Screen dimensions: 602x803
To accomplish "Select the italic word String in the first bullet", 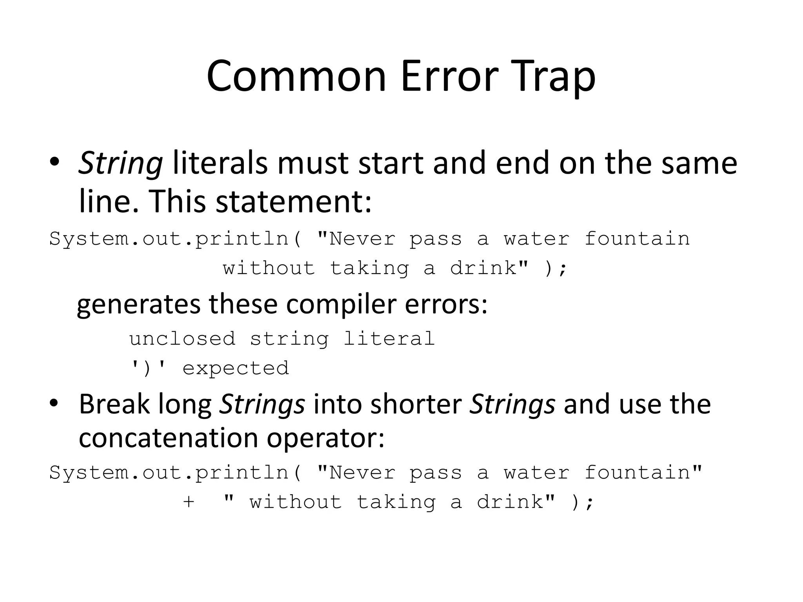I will [120, 163].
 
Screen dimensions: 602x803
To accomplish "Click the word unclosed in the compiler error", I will [182, 339].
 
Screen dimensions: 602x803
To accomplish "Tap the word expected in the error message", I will [236, 368].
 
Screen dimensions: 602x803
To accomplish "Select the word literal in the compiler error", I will [389, 339].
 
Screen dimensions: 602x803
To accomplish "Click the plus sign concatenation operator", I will [189, 502].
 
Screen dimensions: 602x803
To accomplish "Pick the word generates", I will [138, 305].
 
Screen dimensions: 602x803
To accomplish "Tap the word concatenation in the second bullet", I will [168, 437].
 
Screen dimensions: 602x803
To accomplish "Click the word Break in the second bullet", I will [114, 404].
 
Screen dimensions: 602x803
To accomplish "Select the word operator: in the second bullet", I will [326, 438].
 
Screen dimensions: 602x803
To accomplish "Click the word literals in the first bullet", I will [220, 163].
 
